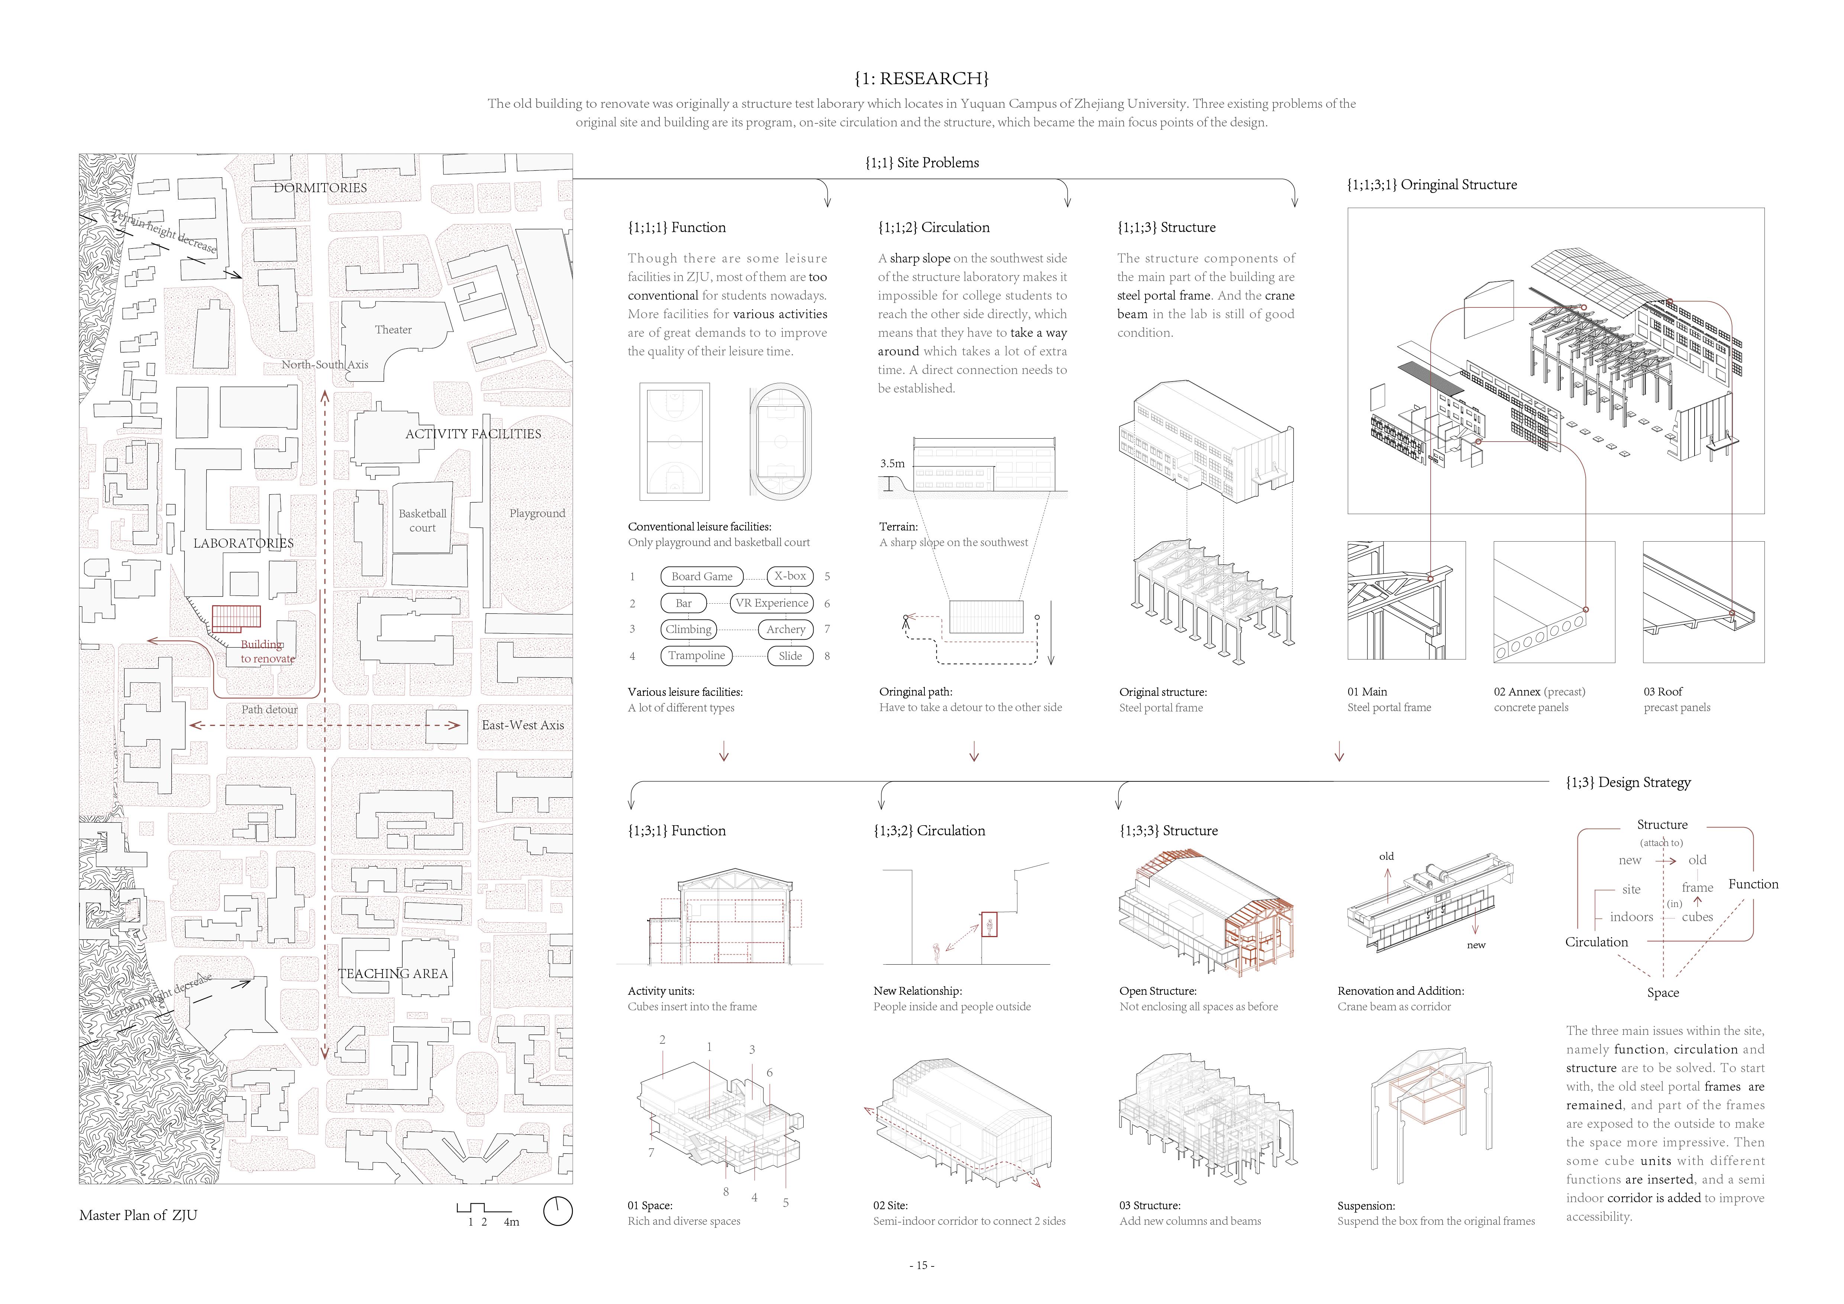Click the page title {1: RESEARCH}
click(x=921, y=79)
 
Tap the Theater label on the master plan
click(x=393, y=330)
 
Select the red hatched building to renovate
click(x=236, y=619)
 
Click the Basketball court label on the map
click(x=423, y=520)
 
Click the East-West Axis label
click(x=523, y=725)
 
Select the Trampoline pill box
click(x=696, y=656)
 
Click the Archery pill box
click(x=785, y=630)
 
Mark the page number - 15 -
click(x=921, y=1265)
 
